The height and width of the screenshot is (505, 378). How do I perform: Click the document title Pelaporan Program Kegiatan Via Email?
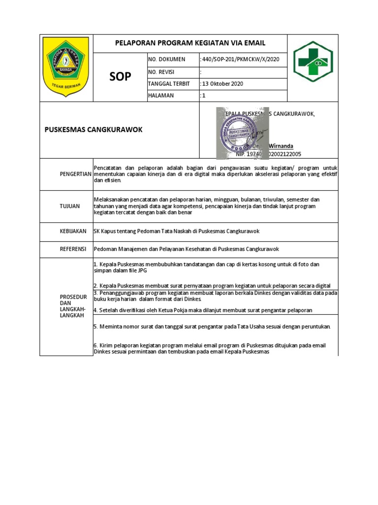click(190, 43)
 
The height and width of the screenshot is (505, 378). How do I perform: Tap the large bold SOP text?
click(120, 77)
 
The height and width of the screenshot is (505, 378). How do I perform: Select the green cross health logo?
click(313, 61)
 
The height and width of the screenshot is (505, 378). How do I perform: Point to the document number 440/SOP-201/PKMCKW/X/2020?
click(240, 59)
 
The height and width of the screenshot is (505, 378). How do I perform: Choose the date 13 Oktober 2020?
click(221, 84)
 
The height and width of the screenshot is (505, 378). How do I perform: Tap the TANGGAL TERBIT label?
click(169, 84)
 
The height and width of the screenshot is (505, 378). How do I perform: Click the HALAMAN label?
click(161, 96)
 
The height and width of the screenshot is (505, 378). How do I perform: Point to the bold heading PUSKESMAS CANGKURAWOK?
click(94, 130)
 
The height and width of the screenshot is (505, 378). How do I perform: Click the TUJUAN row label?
click(70, 206)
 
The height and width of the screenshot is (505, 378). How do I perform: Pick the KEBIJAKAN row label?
click(73, 231)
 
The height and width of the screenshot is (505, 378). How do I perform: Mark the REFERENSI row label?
click(73, 249)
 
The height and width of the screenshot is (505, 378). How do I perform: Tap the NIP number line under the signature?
click(268, 154)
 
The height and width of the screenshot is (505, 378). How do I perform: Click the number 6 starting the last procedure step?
click(95, 346)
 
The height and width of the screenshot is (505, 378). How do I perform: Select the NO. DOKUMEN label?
click(167, 59)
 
